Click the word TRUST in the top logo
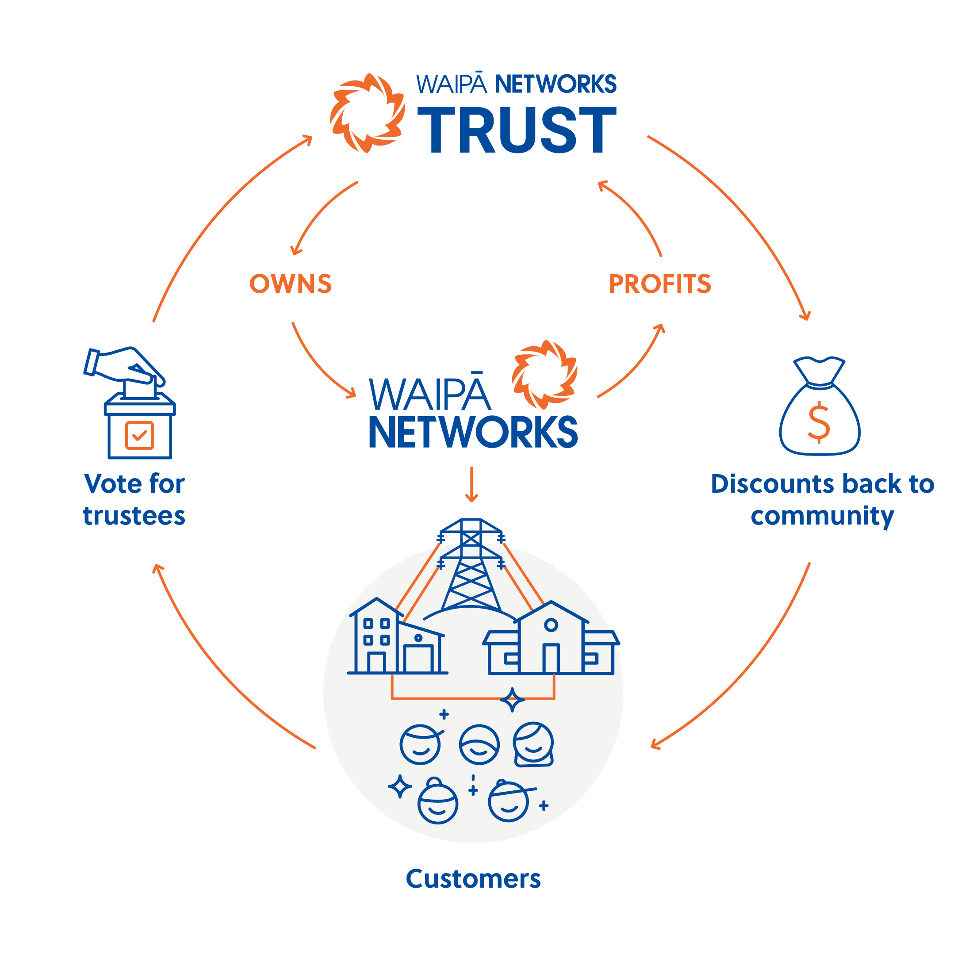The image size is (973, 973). pos(516,130)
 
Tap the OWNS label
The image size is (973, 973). pos(291,283)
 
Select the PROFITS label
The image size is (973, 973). pos(660,283)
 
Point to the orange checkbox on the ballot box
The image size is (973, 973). pos(139,435)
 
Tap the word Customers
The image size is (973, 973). pos(473,879)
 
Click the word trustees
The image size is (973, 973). pos(134,516)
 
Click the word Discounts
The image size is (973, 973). pos(774,484)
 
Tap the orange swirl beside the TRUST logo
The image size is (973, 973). pos(368,113)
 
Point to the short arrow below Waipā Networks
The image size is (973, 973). pos(471,484)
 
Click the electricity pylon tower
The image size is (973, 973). pos(471,569)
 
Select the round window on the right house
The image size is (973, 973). pos(551,625)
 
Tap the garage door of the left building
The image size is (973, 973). pos(418,658)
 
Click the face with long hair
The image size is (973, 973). pos(533,745)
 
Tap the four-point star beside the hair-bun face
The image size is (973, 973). pos(400,786)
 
